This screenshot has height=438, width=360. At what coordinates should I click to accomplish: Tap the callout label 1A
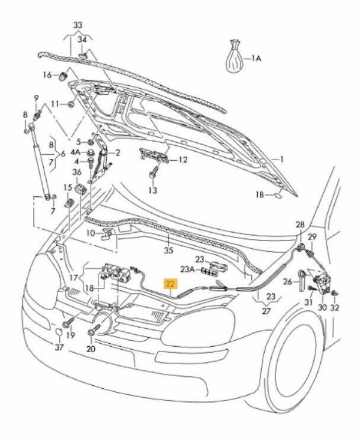click(257, 58)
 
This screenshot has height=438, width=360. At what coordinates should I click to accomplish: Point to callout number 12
click(183, 160)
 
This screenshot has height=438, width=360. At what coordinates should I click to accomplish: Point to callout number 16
click(48, 75)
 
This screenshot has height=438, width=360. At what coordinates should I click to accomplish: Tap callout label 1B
click(260, 195)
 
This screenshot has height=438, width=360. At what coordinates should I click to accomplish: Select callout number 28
click(299, 224)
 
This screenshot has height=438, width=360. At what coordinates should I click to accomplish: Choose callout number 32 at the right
click(335, 307)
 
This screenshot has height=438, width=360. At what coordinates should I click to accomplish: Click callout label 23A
click(187, 269)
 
